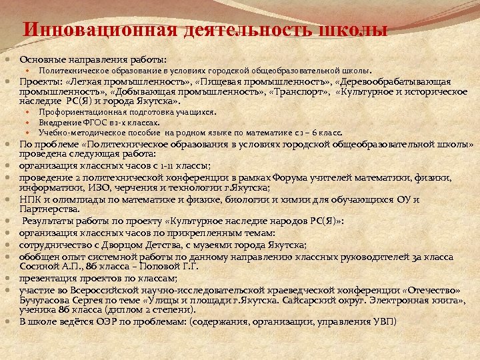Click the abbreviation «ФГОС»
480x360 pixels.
click(97, 122)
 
